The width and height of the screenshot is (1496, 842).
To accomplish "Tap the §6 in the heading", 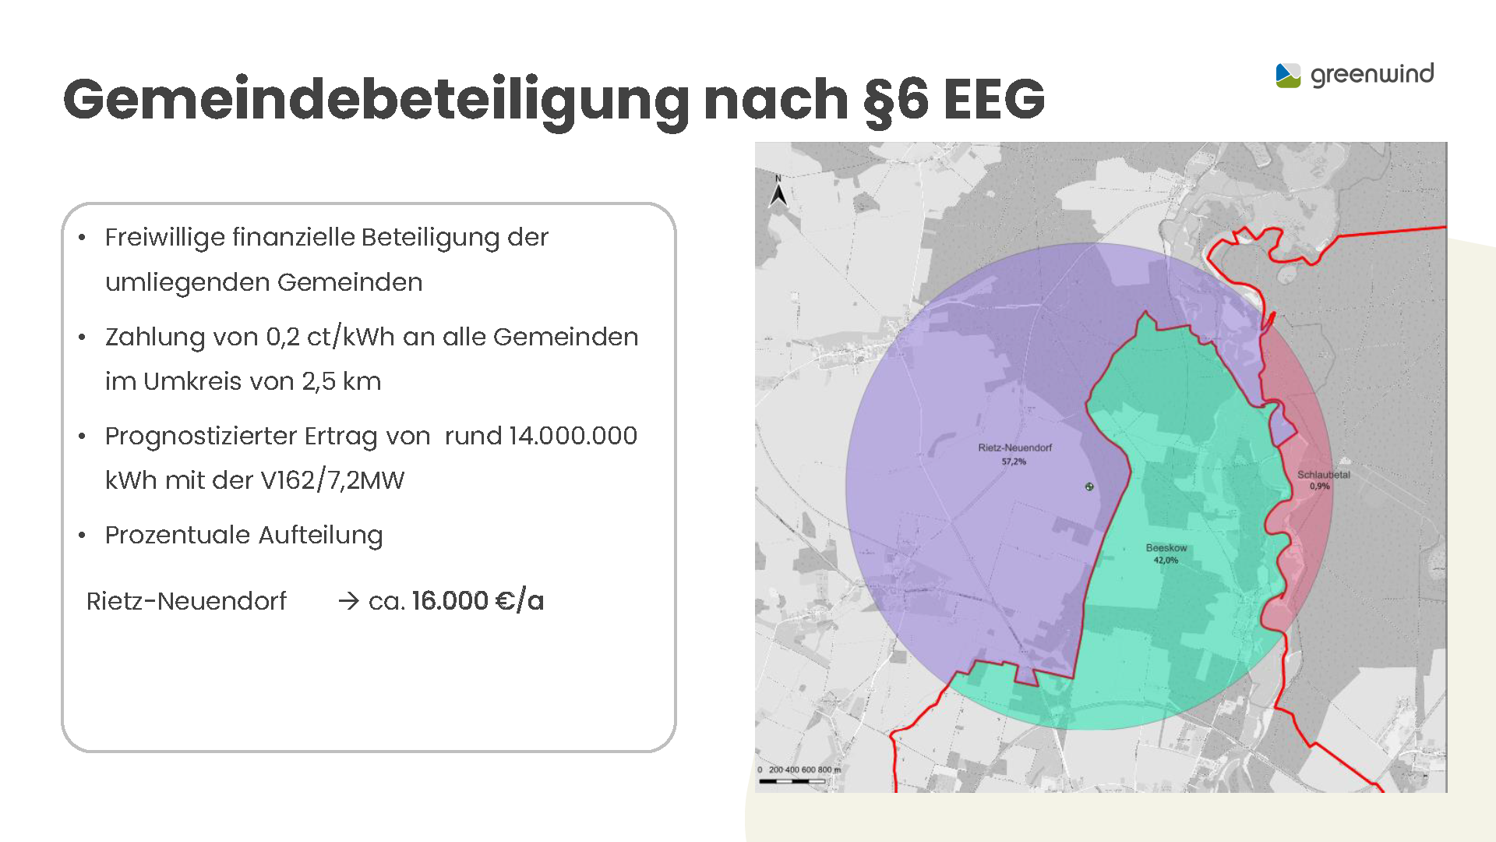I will coord(896,100).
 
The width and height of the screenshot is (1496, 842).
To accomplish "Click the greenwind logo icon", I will coord(1288,76).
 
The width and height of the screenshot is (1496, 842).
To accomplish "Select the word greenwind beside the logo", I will coord(1372,75).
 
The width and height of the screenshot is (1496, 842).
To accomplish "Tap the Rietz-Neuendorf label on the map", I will coord(1014,448).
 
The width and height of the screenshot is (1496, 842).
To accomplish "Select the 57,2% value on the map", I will coord(1014,462).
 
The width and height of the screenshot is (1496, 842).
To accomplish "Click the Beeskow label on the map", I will coord(1166,548).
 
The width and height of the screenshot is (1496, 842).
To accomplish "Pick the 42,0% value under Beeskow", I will coord(1166,561).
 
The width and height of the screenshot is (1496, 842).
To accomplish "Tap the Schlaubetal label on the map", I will coord(1323,475).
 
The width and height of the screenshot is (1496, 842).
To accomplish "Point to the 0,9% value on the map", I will coord(1320,486).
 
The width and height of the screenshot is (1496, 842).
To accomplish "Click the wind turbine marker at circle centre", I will coord(1089,486).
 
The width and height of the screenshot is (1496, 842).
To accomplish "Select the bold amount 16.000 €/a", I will coord(478,601).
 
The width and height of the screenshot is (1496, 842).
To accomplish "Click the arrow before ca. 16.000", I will coord(348,601).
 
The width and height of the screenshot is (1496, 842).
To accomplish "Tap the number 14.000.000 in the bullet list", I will coord(573,436).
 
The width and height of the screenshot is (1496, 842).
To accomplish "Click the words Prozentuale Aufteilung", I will coord(244,535).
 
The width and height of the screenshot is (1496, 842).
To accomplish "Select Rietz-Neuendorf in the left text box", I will coord(186,601).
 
